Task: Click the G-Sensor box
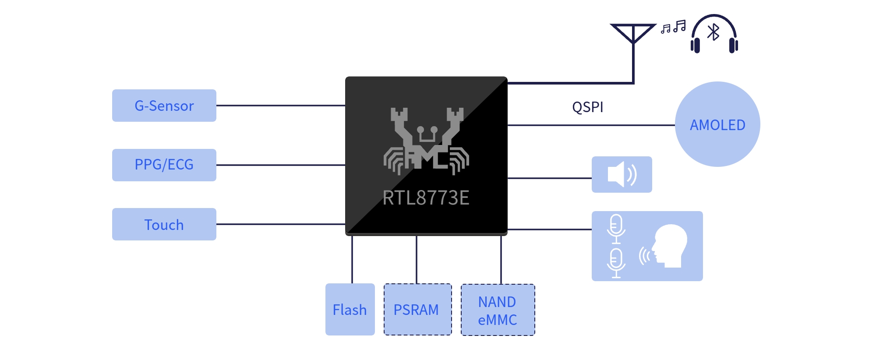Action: tap(164, 106)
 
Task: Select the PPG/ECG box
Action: tap(164, 165)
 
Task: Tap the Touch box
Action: tap(164, 224)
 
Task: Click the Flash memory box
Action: tap(350, 309)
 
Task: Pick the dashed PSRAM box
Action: tap(418, 309)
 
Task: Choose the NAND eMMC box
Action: tap(498, 310)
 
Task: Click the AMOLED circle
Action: tap(717, 124)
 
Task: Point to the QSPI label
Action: tap(588, 107)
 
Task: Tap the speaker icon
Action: tap(622, 174)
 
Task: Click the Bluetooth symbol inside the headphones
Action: tap(714, 32)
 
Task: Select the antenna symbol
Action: tap(633, 35)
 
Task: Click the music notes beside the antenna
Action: tap(673, 27)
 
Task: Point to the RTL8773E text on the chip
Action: tap(426, 198)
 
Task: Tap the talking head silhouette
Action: tap(669, 246)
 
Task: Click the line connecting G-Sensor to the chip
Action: tap(281, 106)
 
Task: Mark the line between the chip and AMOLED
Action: tap(591, 125)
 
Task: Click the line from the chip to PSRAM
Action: tap(417, 260)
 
